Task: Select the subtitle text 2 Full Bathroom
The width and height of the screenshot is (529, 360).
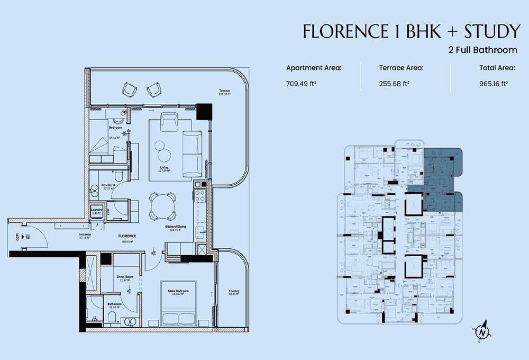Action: coord(482,50)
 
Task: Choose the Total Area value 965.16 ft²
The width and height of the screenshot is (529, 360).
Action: coord(490,83)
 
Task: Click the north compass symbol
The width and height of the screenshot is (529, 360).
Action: coord(482,332)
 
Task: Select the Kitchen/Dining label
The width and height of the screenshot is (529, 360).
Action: coord(175,228)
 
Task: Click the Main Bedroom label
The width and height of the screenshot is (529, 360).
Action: coord(178,292)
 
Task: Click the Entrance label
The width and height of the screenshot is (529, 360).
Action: coord(85,235)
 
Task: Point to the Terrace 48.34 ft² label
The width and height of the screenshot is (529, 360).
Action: coord(233,293)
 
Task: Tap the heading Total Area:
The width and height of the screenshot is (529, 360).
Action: coord(490,68)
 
